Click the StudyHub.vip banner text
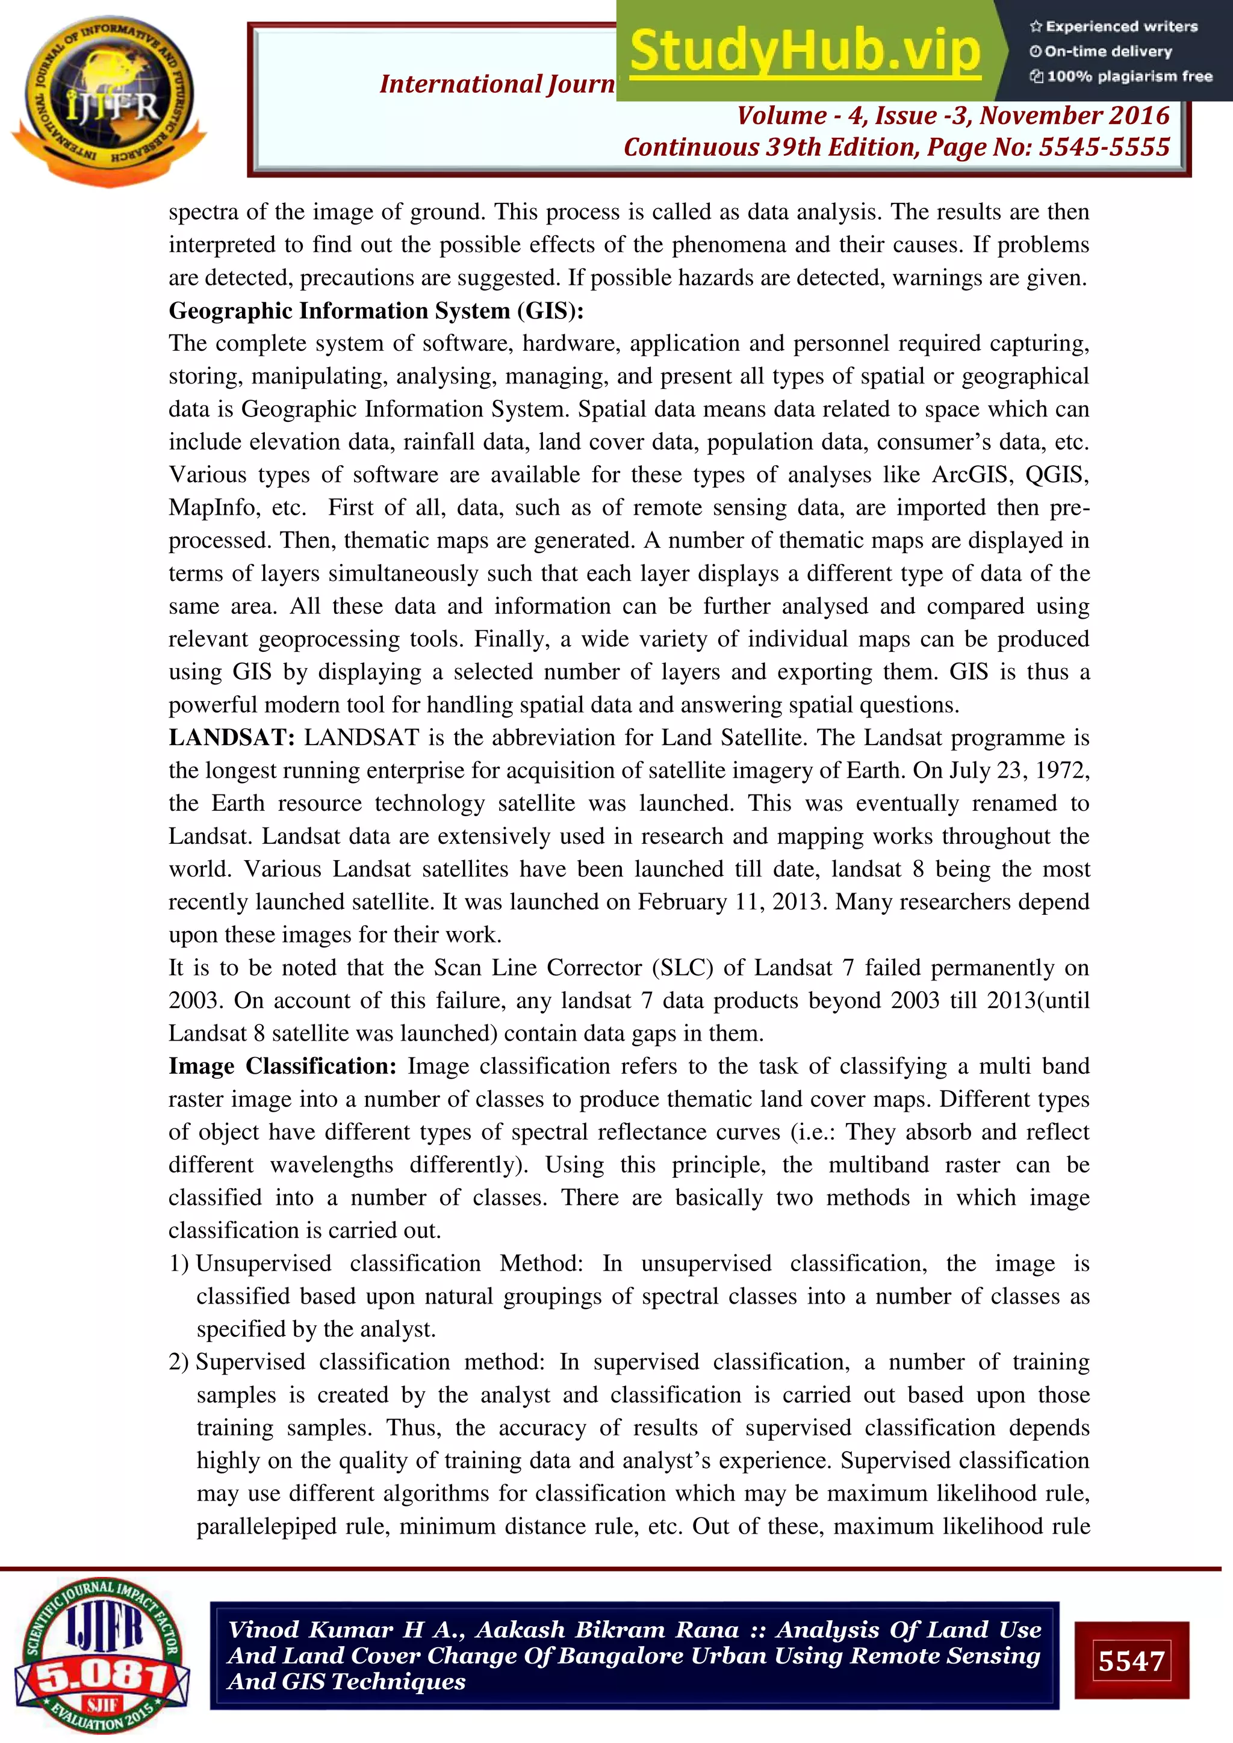click(805, 52)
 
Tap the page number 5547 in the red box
click(1131, 1661)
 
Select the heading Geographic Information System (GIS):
click(376, 311)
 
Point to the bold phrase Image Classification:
click(282, 1066)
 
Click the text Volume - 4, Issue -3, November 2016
click(953, 116)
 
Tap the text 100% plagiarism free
click(1129, 76)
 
